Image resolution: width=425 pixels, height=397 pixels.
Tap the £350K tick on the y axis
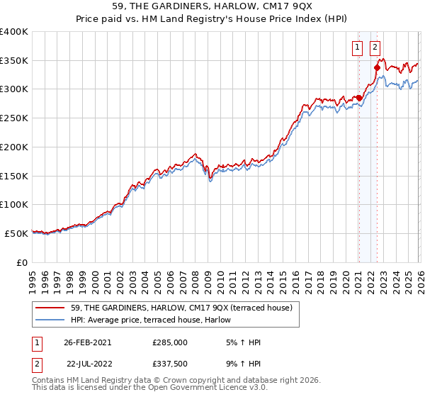pos(14,60)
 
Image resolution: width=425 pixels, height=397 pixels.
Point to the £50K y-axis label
pos(16,233)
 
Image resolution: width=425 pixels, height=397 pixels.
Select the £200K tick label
pos(14,147)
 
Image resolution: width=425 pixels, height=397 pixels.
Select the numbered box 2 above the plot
pos(375,48)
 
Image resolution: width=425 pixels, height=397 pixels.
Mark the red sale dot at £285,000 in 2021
pos(359,98)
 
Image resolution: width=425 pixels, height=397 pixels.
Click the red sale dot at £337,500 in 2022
pos(377,67)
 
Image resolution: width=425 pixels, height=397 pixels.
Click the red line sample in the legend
pos(51,307)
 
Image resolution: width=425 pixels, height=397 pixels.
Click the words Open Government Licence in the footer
pos(198,388)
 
